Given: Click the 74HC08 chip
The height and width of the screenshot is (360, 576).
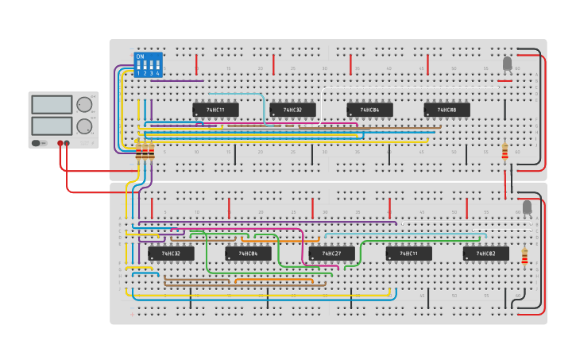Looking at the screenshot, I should point(446,110).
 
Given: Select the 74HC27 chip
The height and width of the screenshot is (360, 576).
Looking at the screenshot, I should point(331,254).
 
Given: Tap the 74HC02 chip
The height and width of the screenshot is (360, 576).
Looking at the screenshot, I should point(485,254).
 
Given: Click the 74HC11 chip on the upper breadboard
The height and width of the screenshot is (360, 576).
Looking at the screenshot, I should point(215,110).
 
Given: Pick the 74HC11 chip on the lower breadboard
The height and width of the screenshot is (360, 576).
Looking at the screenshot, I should point(408,254).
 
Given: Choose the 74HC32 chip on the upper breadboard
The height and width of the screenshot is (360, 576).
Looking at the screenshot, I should point(292,110).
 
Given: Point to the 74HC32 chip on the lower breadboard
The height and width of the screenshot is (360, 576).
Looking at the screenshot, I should point(171,254).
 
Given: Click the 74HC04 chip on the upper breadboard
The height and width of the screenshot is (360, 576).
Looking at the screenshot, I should point(369,110).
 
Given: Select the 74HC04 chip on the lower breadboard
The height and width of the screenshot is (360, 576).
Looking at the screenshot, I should point(248,254).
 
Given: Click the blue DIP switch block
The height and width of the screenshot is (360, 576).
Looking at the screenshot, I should point(149,64).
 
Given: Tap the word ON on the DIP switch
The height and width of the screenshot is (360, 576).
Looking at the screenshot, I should point(140,56).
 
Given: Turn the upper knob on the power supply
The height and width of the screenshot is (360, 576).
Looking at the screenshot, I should point(83,104).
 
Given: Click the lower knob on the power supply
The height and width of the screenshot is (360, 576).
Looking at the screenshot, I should point(83,126).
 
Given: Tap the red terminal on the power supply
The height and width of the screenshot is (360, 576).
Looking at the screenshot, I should point(60,144).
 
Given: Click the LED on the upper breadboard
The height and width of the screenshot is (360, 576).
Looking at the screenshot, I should point(508,64).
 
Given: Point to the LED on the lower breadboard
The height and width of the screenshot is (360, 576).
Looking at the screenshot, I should point(526,207).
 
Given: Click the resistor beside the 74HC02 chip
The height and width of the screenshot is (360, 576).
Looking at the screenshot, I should point(524,256).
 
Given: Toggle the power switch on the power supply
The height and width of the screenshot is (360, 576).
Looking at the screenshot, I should point(37,143).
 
